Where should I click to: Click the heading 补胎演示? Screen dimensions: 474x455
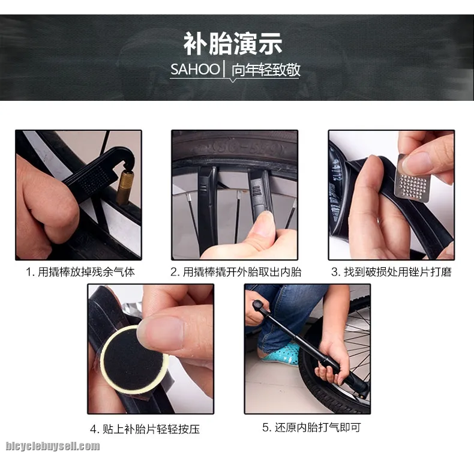click(x=233, y=44)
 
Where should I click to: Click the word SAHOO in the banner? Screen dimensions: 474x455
click(x=195, y=69)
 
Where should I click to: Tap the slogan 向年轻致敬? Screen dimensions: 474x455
click(x=266, y=70)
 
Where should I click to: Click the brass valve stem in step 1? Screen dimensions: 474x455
click(x=125, y=187)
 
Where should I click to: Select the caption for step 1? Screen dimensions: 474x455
click(x=80, y=272)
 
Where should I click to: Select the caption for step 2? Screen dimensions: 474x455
click(x=236, y=272)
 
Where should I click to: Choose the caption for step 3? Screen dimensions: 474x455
click(x=391, y=272)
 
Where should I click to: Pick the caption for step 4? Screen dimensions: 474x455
click(x=145, y=429)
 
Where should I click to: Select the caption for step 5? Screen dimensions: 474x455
click(x=311, y=427)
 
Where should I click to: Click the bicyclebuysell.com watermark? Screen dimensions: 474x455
click(x=53, y=446)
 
